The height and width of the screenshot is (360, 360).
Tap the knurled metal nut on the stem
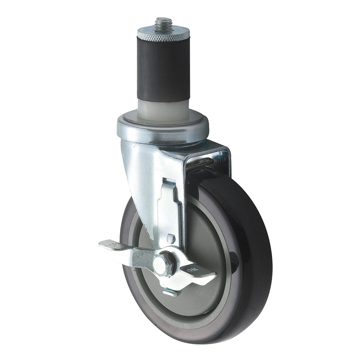(x=163, y=35)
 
